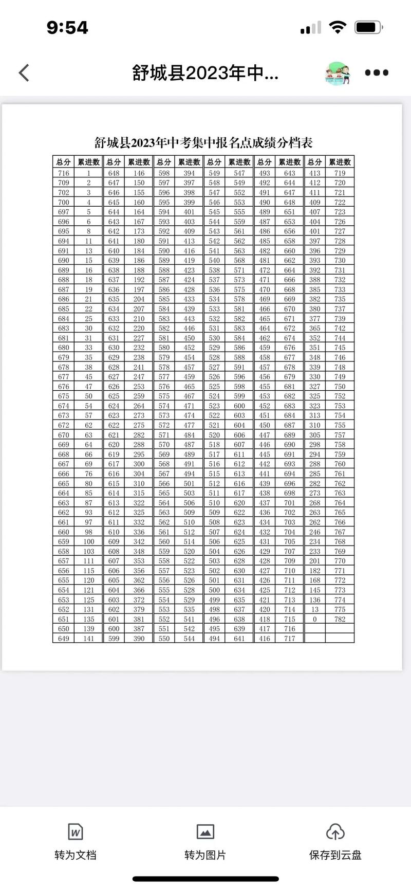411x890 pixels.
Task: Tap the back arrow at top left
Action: tap(24, 72)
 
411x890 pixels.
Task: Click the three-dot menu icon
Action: tap(377, 72)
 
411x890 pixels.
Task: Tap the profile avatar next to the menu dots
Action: tap(338, 73)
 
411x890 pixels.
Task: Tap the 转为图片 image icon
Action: tap(206, 831)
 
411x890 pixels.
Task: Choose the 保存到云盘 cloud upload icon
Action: tap(335, 831)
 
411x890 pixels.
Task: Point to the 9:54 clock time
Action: tap(67, 27)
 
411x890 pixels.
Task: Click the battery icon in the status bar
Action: tap(368, 27)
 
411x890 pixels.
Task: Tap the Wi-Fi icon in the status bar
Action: tap(337, 27)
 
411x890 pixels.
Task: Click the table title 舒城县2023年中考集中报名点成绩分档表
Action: tap(203, 142)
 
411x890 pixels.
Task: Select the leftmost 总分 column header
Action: tap(63, 162)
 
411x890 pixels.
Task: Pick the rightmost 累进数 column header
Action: tap(340, 162)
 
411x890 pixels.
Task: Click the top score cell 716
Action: tap(63, 173)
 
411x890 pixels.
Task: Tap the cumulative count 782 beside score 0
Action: tap(340, 619)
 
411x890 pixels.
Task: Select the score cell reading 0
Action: tap(314, 619)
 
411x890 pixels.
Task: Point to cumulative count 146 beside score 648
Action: tap(139, 173)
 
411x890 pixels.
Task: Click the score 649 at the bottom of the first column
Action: tap(63, 639)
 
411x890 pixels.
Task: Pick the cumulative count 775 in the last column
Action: tap(340, 609)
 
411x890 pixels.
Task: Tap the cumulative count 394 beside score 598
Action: tap(189, 173)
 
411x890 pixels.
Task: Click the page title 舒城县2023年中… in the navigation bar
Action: tap(205, 73)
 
